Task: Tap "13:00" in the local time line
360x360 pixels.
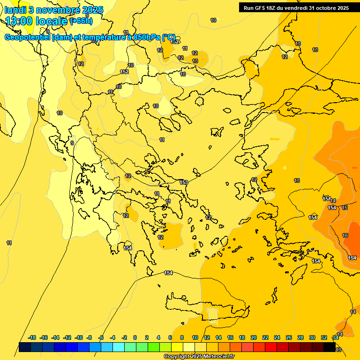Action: tap(21, 21)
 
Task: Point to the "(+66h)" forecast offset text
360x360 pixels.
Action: tap(81, 21)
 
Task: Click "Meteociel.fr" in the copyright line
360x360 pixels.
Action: tap(219, 357)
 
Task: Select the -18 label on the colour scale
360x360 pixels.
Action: tap(32, 337)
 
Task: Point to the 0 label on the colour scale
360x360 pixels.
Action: tap(135, 337)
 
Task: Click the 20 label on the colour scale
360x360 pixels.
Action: tap(254, 337)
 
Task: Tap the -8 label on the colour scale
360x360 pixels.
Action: tap(90, 337)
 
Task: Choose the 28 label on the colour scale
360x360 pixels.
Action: tap(300, 337)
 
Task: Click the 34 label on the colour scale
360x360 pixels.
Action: tap(336, 337)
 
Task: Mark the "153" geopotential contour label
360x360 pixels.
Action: tap(184, 182)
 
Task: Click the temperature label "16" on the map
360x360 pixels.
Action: tap(345, 235)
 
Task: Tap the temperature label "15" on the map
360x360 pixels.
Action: tap(345, 207)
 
